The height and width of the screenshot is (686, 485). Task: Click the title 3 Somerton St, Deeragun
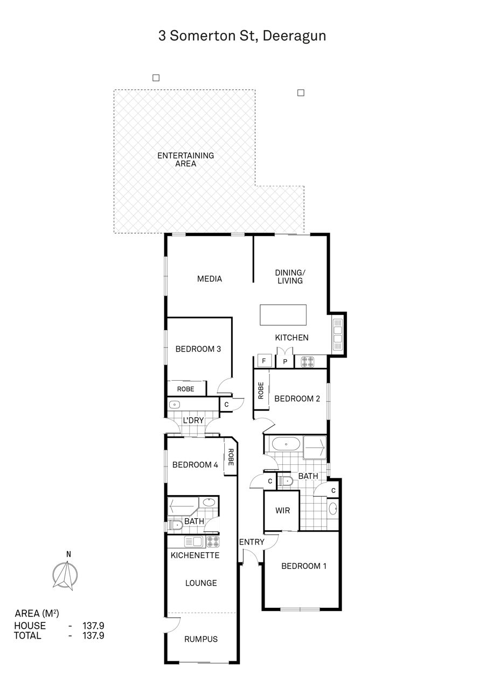pos(242,36)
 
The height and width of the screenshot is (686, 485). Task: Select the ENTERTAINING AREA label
pos(185,160)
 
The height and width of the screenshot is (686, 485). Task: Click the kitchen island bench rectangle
pos(283,315)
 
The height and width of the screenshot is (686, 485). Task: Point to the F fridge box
pos(264,361)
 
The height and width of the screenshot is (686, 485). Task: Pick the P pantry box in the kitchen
pos(285,361)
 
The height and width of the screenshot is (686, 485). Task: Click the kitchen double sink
pos(337,335)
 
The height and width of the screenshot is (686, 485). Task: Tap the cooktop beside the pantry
pos(308,362)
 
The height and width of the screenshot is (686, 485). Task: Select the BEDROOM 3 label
pos(198,349)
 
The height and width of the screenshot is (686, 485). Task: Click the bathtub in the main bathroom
pos(286,444)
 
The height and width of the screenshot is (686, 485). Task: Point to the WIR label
pos(282,511)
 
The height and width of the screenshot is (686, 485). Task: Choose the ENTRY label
pos(252,542)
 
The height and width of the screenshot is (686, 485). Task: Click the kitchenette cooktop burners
pos(213,541)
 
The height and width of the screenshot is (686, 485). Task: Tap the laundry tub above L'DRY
pos(175,404)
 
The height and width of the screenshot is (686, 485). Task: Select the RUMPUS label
pos(200,639)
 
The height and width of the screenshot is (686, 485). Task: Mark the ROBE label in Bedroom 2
pos(261,390)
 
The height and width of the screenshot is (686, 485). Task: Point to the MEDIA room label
pos(210,279)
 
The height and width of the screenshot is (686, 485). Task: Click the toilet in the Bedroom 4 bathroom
pos(175,525)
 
